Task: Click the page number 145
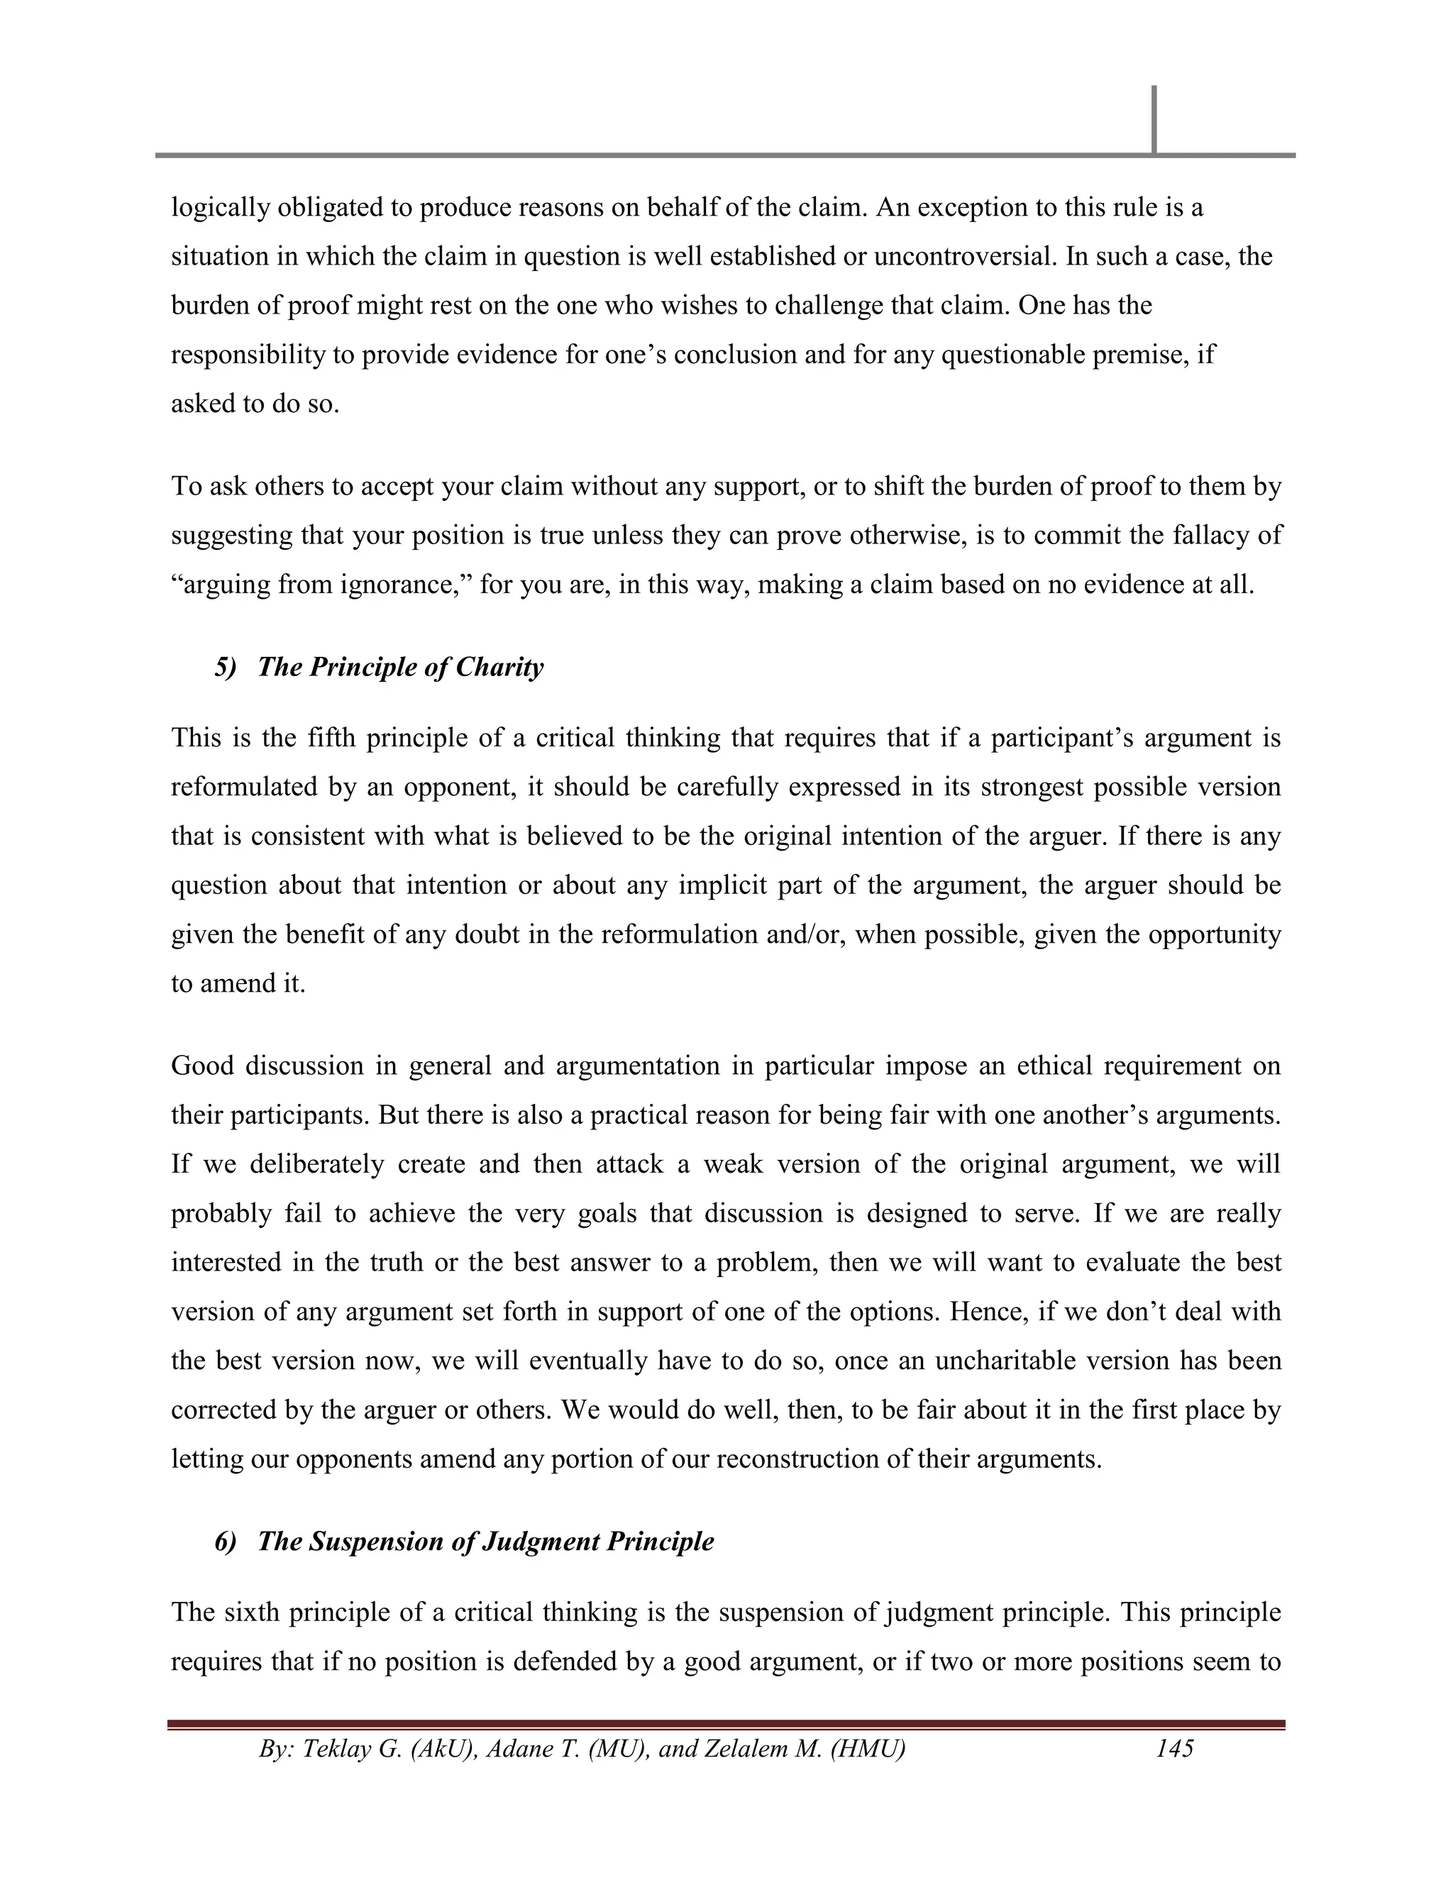(1174, 1748)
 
